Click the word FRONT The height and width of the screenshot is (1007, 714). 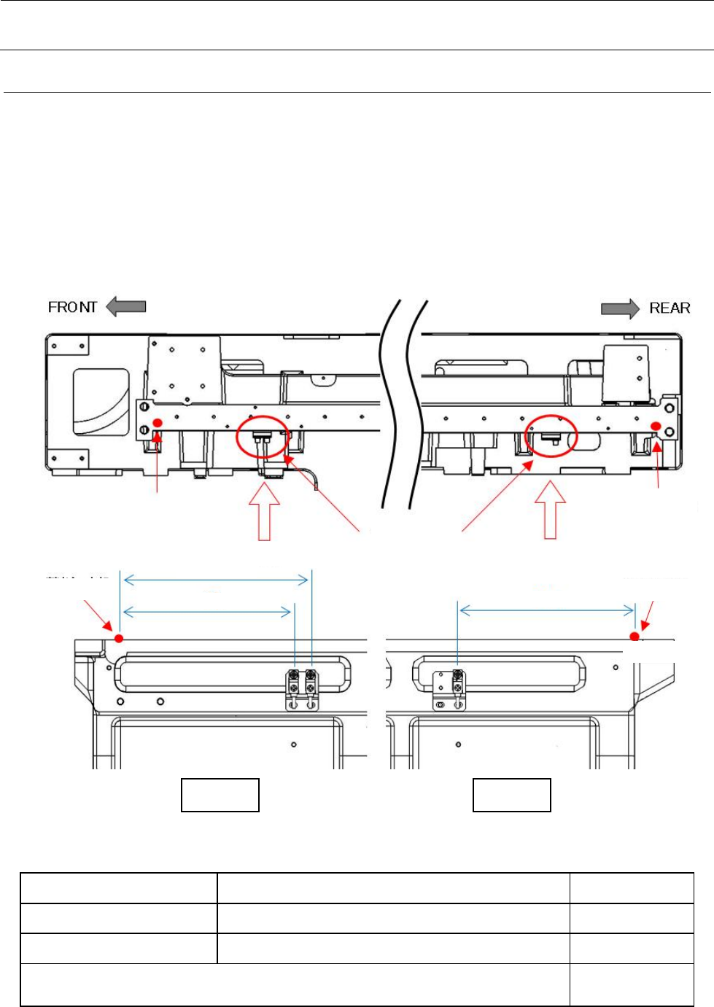tap(72, 307)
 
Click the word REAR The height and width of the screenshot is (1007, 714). tap(670, 308)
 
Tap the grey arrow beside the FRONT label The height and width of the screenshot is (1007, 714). tap(126, 307)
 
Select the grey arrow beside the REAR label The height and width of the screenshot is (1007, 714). tap(620, 308)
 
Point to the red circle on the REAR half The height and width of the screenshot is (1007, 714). tap(552, 436)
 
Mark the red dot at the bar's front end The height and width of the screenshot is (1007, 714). tap(158, 423)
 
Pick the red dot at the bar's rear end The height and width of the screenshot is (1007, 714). tap(656, 426)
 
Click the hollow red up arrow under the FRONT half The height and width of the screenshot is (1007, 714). tap(264, 512)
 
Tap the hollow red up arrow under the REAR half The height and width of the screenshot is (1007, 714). tap(551, 510)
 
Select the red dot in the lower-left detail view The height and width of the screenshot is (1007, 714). tap(120, 639)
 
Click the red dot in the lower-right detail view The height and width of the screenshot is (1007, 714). tap(635, 637)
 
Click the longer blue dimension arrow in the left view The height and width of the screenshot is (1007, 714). tap(216, 580)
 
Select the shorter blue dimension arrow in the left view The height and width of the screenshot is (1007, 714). tap(207, 611)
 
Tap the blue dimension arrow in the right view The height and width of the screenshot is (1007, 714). tap(547, 610)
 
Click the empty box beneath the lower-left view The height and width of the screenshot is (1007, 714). tap(220, 795)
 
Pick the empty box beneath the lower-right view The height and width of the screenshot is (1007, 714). tap(512, 795)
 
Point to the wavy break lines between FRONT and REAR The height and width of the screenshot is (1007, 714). tap(402, 405)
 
